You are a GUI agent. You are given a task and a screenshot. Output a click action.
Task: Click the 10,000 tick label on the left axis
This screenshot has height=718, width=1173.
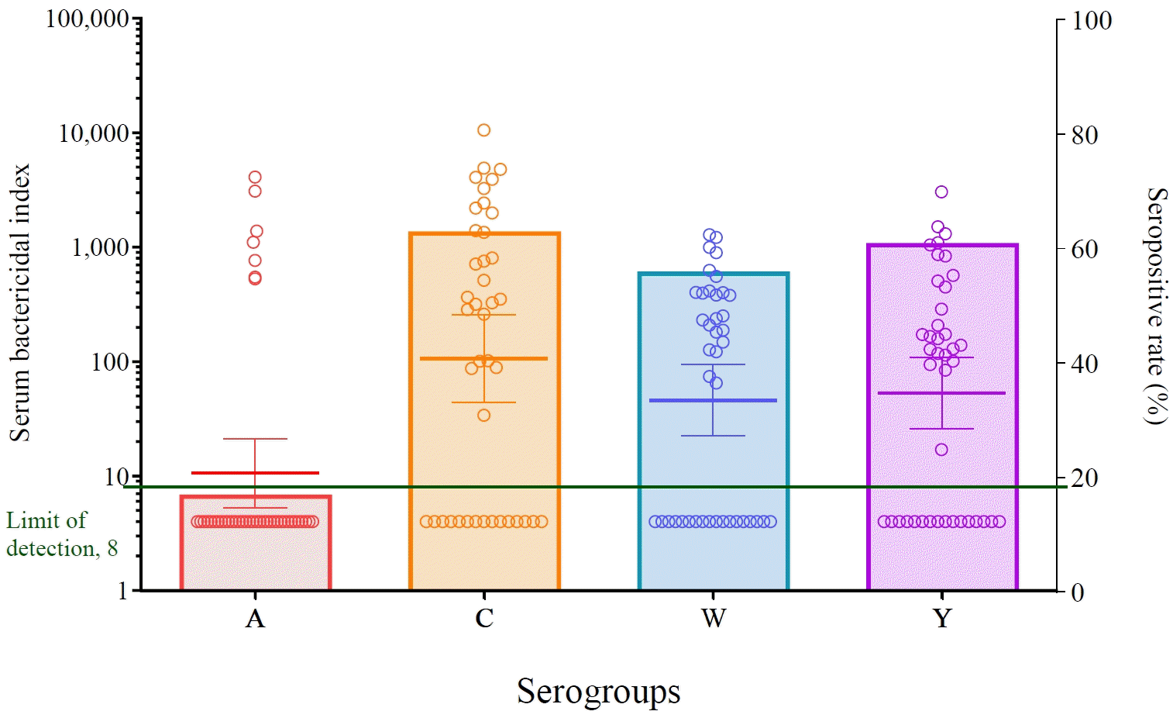coord(93,133)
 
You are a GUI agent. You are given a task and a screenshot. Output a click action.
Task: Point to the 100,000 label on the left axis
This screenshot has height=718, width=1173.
coord(87,19)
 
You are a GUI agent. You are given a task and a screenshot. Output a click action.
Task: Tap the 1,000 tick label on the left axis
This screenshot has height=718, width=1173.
coord(99,248)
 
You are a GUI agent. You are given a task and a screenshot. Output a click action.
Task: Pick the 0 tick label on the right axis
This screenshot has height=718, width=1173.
coord(1078,592)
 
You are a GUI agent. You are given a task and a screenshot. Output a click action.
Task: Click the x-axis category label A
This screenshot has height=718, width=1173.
coord(255,619)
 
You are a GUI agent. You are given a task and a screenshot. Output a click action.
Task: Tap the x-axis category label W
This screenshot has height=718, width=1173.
coord(714,619)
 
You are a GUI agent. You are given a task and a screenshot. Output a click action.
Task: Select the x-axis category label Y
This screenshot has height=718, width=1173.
coord(942,619)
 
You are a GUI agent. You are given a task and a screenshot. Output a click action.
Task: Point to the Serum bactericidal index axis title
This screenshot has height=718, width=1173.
coord(19,303)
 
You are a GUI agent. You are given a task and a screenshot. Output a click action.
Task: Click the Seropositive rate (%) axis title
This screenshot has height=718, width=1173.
coord(1156,305)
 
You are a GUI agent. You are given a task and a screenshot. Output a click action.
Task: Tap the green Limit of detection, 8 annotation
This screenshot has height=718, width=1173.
coord(61,534)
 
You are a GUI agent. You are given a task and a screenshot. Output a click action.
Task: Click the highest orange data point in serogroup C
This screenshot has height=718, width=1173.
coord(484,130)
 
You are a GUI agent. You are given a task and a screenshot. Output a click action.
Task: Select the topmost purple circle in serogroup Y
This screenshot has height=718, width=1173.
coord(941,192)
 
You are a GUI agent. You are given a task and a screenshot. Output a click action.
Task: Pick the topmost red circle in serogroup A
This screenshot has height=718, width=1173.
coord(255,177)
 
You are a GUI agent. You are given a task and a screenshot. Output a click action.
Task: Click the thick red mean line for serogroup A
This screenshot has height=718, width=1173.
coord(255,473)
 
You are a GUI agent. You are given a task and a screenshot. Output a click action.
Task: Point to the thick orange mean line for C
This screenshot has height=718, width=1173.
coord(484,358)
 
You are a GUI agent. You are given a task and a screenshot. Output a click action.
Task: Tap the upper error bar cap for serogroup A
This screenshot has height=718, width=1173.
coord(255,439)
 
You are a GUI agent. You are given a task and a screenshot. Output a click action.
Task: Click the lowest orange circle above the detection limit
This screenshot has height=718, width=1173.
coord(484,416)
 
